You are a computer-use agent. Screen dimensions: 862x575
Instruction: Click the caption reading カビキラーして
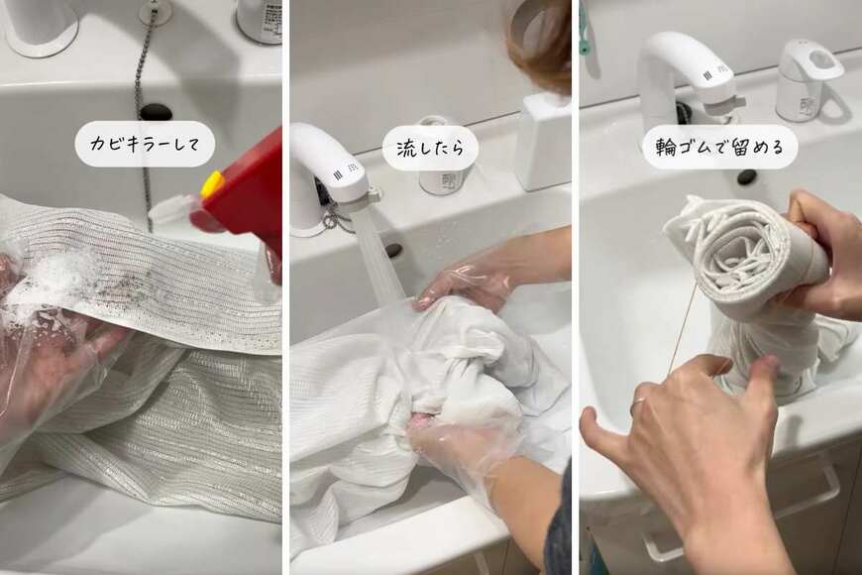[145, 144]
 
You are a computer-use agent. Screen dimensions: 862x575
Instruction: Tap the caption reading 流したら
[430, 148]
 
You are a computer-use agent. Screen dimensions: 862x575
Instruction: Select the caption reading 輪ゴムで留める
[719, 147]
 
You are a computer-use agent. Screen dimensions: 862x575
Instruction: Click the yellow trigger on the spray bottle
[212, 183]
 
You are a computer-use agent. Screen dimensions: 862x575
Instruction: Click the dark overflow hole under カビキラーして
[156, 112]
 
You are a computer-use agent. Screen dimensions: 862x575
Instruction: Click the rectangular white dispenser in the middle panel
[542, 142]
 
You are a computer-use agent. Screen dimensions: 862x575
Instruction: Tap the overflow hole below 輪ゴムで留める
[746, 177]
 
